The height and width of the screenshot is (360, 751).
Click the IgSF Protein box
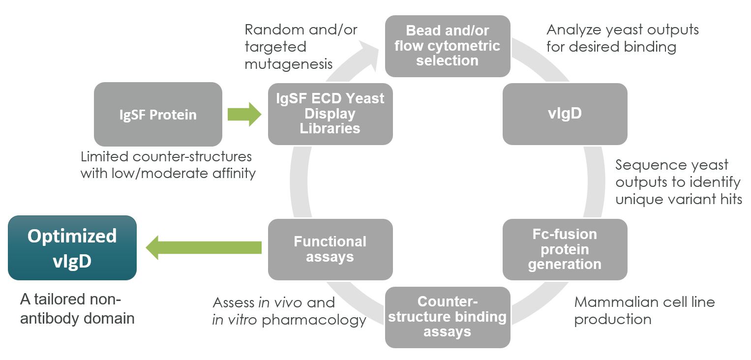pos(158,115)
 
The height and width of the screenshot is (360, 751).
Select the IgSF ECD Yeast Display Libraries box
pos(330,114)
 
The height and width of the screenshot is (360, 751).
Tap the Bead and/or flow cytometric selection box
pos(447,46)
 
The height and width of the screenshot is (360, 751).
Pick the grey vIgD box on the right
pos(565,114)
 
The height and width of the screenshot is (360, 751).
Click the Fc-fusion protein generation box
pos(565,249)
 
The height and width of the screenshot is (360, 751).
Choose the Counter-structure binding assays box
pos(447,317)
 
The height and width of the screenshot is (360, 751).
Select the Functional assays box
pos(330,249)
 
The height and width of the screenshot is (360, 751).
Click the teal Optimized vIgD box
pos(72,248)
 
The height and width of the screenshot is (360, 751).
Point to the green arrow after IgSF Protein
pos(244,115)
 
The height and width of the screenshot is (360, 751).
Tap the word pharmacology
pos(314,320)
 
